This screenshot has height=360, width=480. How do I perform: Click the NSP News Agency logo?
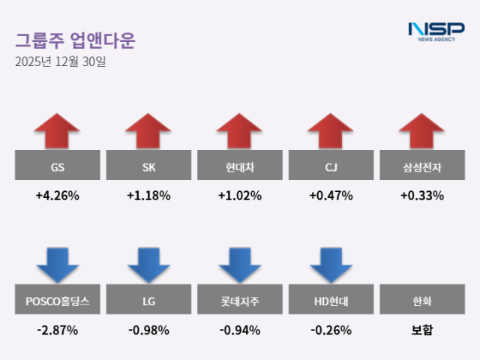[x=436, y=31]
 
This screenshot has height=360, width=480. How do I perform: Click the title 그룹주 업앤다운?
[x=75, y=40]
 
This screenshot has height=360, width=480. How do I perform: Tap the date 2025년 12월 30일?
[x=61, y=61]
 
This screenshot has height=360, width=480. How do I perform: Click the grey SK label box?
[x=148, y=166]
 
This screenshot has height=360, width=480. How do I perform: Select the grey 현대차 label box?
[x=239, y=166]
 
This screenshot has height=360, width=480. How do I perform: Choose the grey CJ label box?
[x=331, y=166]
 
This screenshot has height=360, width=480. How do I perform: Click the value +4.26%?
[x=57, y=196]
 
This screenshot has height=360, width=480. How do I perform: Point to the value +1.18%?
[x=148, y=196]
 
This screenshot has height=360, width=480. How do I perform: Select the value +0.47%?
[x=331, y=196]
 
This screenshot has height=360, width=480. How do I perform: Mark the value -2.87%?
[x=57, y=329]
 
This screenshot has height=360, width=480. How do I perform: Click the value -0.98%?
[x=148, y=329]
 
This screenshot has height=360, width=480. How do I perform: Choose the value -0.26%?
[x=331, y=329]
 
